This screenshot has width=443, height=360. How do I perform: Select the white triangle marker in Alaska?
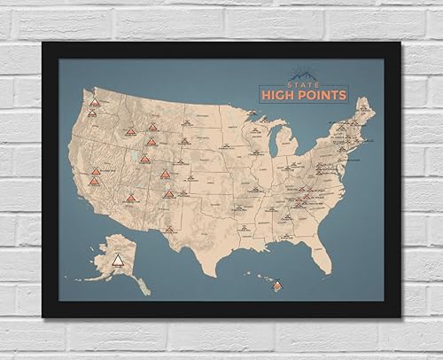[x=117, y=258]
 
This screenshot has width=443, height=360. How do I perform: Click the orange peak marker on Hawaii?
[x=278, y=286]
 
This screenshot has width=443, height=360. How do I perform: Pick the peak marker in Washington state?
[x=95, y=103]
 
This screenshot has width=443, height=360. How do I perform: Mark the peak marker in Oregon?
[x=92, y=113]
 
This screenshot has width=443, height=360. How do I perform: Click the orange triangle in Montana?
[x=152, y=127]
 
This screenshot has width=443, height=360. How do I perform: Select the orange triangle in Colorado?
[x=167, y=176]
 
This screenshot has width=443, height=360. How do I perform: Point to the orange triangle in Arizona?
[x=131, y=197]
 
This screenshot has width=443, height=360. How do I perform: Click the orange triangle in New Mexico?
[x=167, y=193]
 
